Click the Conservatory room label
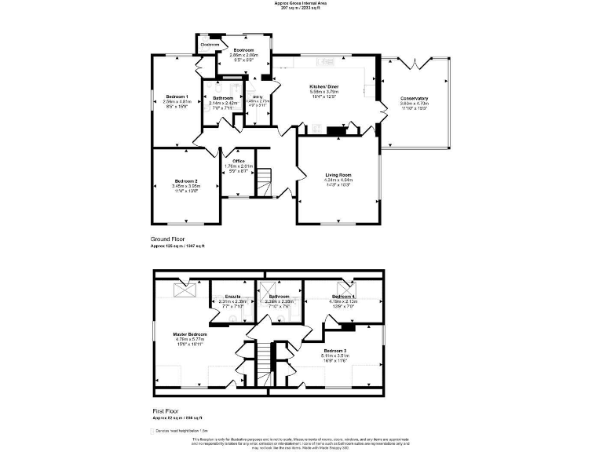coord(414,98)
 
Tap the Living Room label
coord(338,175)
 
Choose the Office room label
coord(239,161)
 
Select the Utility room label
coord(258,97)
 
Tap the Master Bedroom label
coord(190,334)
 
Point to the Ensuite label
coord(232,297)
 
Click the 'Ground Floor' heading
coord(167,239)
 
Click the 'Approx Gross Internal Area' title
coord(301,3)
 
